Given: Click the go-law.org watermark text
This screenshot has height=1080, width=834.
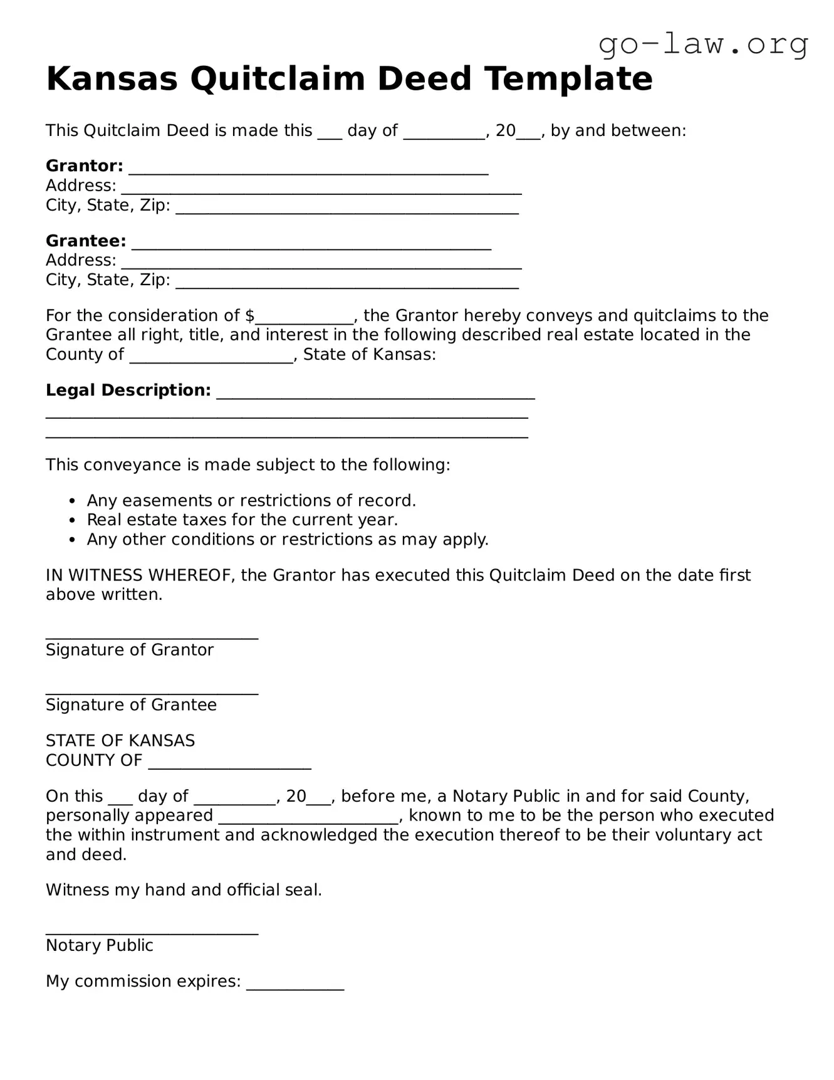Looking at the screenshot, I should [703, 45].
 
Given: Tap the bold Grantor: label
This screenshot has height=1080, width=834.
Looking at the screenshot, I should [85, 166].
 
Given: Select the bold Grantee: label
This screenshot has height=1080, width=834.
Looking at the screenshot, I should [86, 241].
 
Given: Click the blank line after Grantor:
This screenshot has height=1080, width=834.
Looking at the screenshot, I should [308, 170].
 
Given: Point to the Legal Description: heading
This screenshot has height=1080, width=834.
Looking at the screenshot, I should [128, 391].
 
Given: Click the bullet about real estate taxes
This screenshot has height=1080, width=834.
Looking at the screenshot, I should [242, 520].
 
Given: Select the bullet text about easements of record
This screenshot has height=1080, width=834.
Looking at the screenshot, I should [251, 501].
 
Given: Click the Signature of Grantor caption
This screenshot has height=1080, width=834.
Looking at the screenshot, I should [130, 650].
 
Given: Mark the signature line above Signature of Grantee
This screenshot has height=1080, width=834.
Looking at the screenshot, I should [152, 692].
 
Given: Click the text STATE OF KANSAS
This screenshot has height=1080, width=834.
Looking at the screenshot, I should [120, 741].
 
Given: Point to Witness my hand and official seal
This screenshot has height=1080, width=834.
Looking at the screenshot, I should [184, 890].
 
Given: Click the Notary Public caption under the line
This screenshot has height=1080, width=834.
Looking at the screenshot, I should [100, 945].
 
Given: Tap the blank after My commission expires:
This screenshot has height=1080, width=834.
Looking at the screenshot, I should [295, 985].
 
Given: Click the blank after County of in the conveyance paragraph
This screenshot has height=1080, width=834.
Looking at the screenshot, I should [212, 359].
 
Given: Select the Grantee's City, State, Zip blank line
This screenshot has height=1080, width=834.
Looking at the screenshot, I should [347, 284].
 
